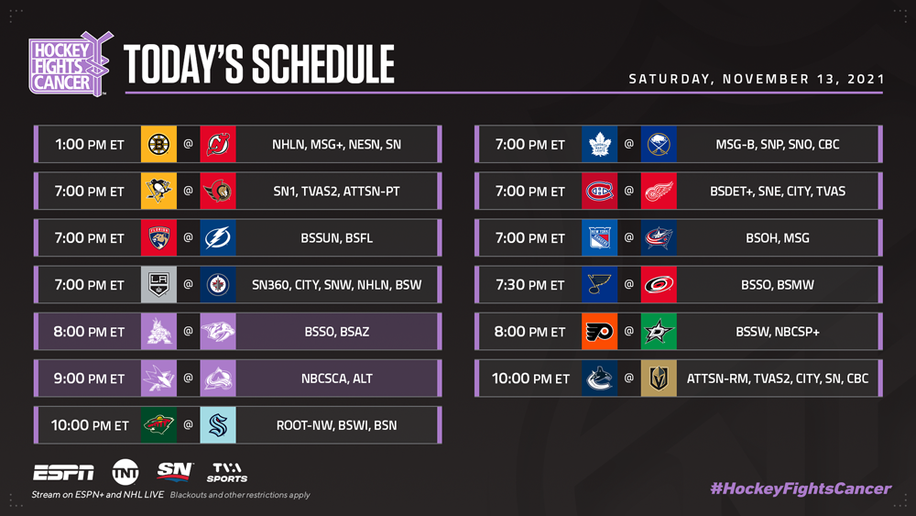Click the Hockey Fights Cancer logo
coord(71,64)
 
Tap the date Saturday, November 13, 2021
coord(757,79)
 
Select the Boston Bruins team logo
coord(158,144)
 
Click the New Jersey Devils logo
coord(218,144)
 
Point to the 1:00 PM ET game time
coord(90,144)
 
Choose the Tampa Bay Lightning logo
coord(218,238)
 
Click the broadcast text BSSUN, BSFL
coord(336,238)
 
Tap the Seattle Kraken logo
coord(218,425)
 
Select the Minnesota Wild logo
coord(158,425)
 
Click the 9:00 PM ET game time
coord(89,379)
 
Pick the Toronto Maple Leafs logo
coord(599,144)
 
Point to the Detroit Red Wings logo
coord(659,191)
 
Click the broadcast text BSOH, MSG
coord(778,238)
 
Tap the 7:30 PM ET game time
coord(529,285)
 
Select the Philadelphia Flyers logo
coord(599,332)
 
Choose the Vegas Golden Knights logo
coord(659,379)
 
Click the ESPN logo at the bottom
coord(64,472)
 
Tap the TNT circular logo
coord(125,472)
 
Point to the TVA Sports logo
coord(227,473)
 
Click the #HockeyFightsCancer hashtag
coord(801,489)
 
